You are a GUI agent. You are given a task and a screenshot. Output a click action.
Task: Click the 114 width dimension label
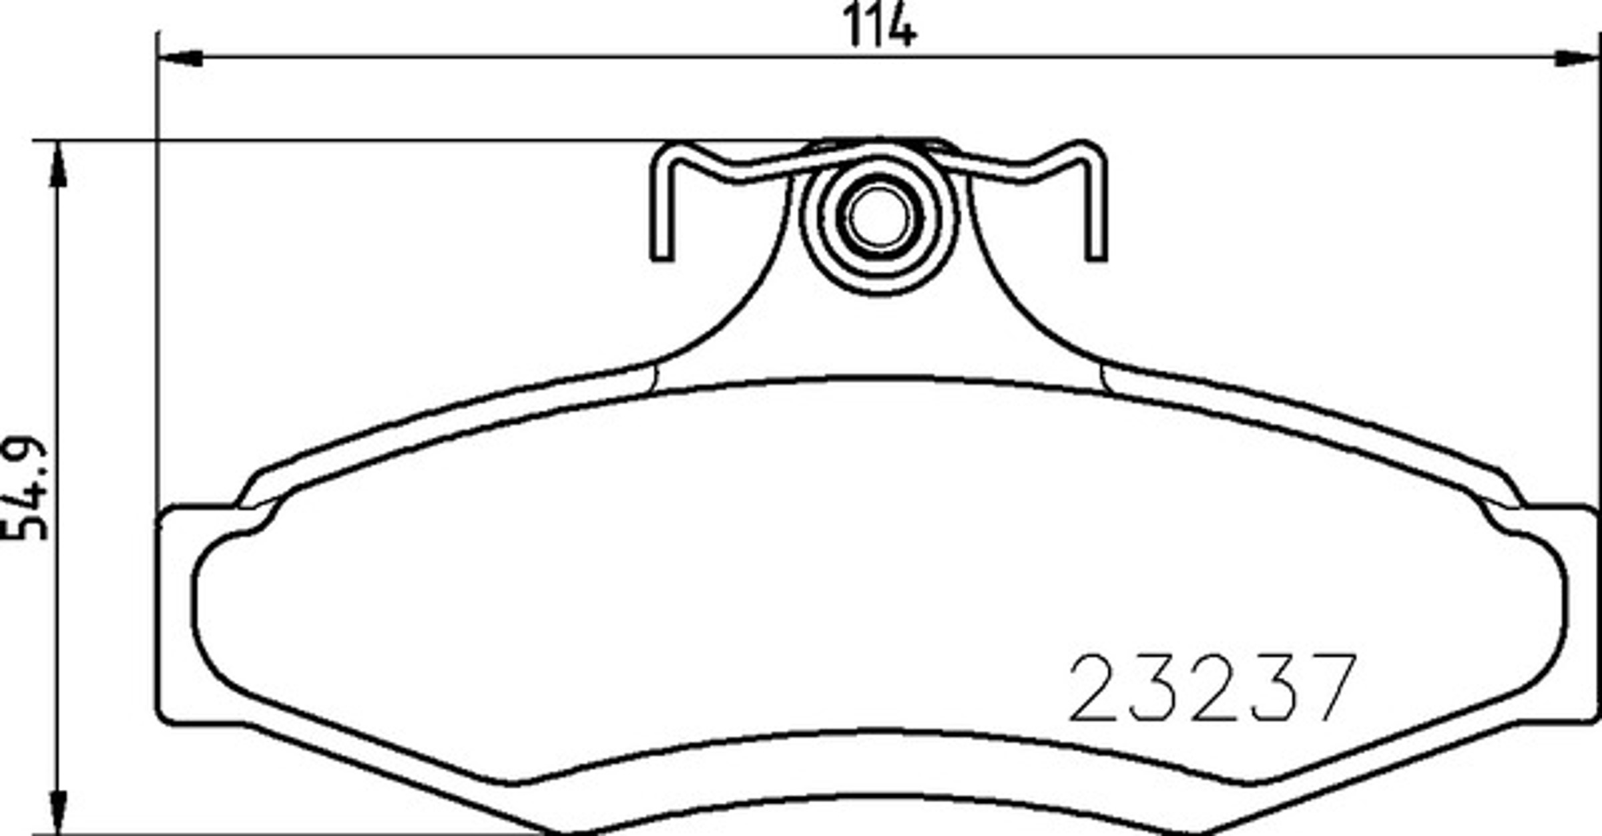click(880, 27)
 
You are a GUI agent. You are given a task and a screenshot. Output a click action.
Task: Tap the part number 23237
click(1212, 688)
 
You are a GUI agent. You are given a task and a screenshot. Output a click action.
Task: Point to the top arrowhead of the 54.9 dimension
click(59, 164)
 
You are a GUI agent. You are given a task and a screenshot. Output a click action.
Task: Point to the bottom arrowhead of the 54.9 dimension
click(59, 811)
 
